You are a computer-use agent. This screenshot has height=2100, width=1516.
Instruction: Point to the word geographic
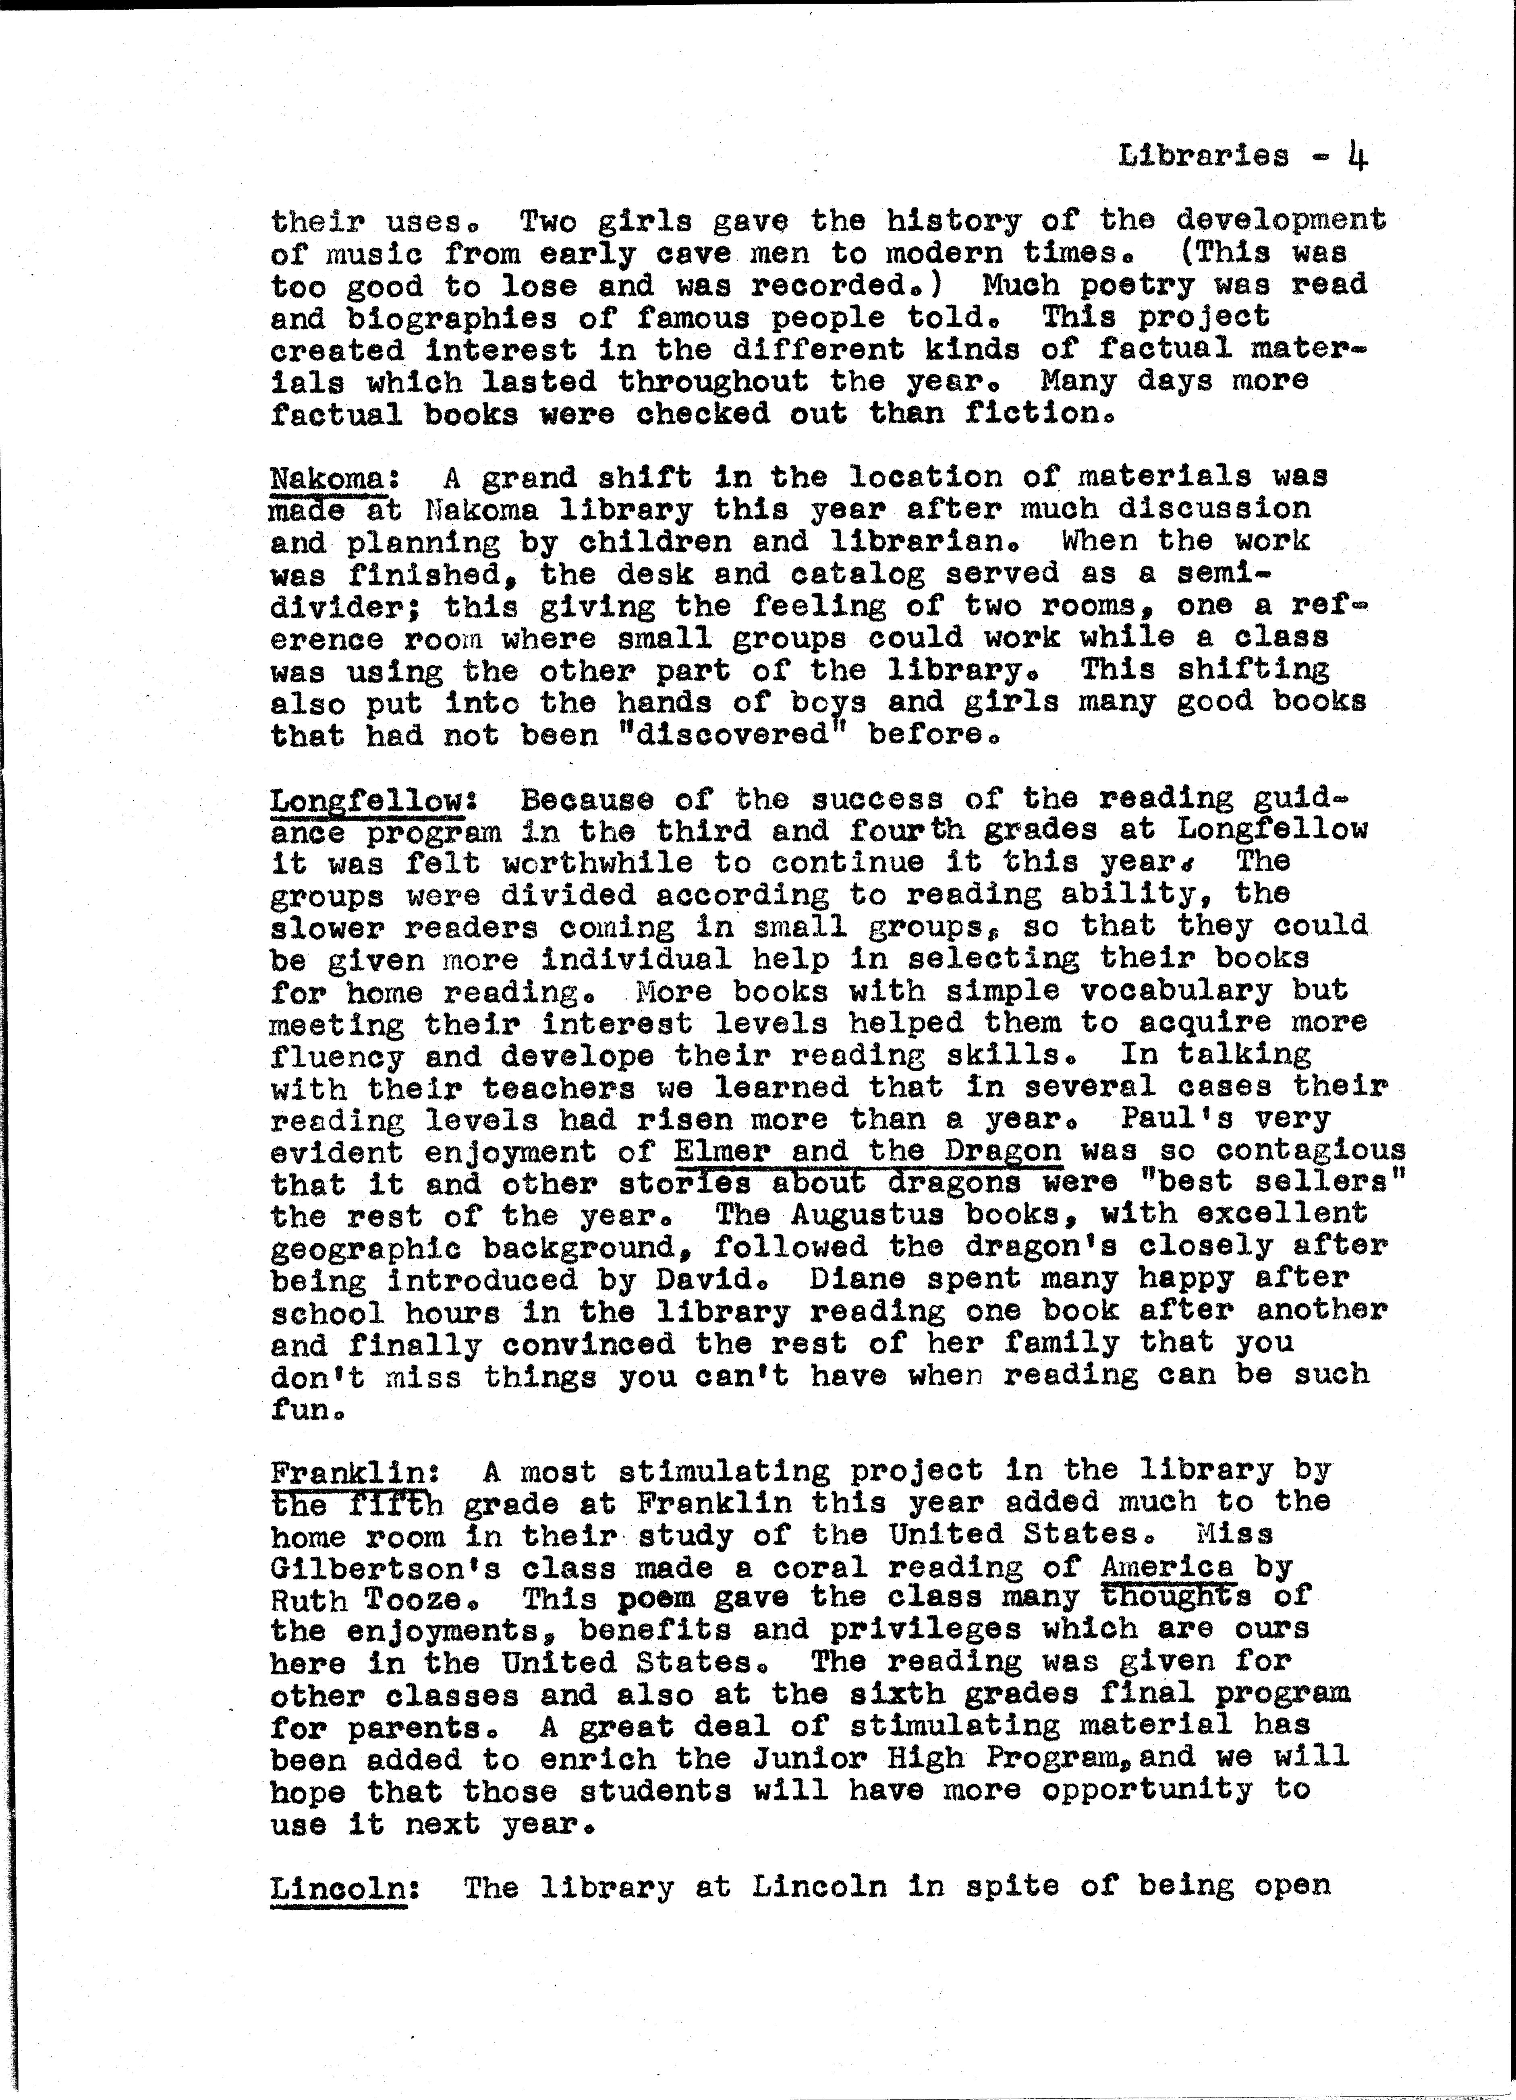click(x=366, y=1248)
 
